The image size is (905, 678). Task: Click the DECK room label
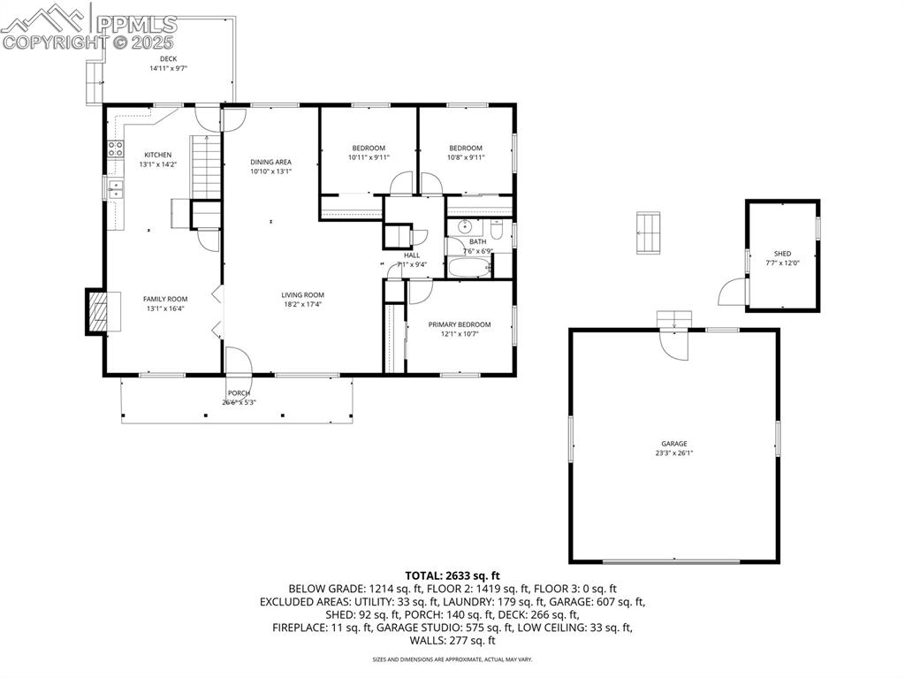(x=168, y=59)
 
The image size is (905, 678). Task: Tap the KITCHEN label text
(x=158, y=155)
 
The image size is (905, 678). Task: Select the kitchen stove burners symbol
(x=114, y=149)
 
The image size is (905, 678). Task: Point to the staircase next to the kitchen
(x=204, y=167)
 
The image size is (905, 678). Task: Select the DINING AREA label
(x=270, y=162)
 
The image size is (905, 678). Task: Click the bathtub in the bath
(x=469, y=268)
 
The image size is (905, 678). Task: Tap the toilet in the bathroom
(x=497, y=231)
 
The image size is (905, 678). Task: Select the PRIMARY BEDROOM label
(x=460, y=324)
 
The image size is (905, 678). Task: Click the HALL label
(x=412, y=255)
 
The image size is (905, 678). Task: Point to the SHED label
(x=782, y=253)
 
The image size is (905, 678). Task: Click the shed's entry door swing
(x=732, y=292)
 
